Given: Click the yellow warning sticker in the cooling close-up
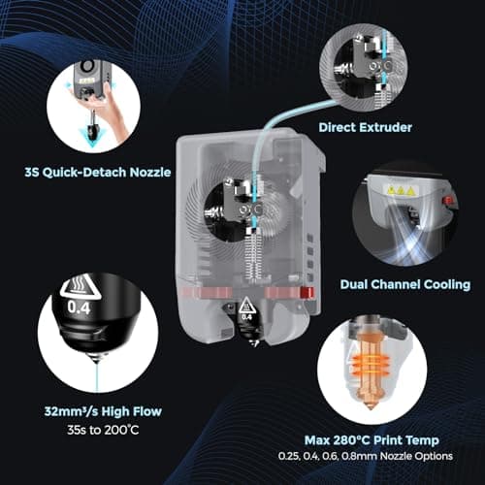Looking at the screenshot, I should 399,190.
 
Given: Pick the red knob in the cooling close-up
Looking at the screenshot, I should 447,203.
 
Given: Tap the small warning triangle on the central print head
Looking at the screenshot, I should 246,301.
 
